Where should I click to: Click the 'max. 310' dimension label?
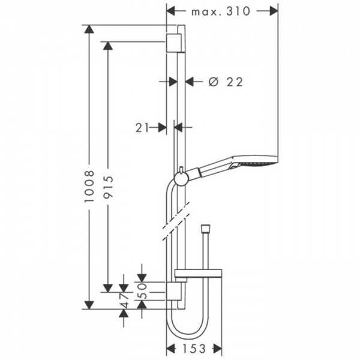pyautogui.click(x=221, y=11)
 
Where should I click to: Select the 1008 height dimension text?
pyautogui.click(x=89, y=186)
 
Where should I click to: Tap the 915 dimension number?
pyautogui.click(x=108, y=187)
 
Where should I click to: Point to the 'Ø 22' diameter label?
pyautogui.click(x=226, y=82)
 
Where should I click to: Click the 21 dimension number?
pyautogui.click(x=142, y=128)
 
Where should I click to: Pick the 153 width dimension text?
pyautogui.click(x=194, y=349)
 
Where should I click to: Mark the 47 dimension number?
pyautogui.click(x=124, y=300)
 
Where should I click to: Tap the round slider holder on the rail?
pyautogui.click(x=181, y=178)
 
